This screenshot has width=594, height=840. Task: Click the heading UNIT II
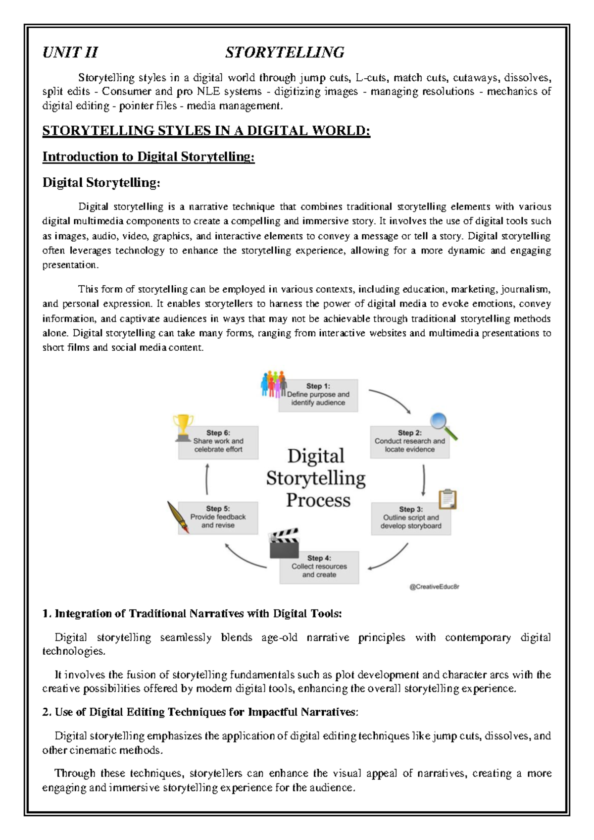pos(70,52)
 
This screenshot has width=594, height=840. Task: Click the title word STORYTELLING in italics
pos(285,52)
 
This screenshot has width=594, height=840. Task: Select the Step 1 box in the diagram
pos(318,395)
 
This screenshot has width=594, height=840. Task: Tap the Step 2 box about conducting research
pos(409,441)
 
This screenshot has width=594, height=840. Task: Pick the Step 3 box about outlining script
pos(411,518)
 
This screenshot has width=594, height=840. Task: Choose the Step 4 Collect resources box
pos(319,567)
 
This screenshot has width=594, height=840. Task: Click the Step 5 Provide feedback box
pos(218,518)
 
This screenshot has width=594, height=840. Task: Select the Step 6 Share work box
pos(218,442)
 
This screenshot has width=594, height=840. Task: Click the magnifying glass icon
pos(443,425)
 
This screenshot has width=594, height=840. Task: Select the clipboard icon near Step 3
pos(447,499)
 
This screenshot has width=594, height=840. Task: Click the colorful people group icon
pos(274,383)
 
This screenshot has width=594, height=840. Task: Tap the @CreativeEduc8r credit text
pos(434,587)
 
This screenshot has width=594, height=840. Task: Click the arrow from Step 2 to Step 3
pos(424,479)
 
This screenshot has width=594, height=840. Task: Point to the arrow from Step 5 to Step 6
pos(207,479)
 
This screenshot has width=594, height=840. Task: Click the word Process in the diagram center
pos(318,500)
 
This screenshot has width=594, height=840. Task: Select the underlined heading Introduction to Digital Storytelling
pos(148,157)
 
